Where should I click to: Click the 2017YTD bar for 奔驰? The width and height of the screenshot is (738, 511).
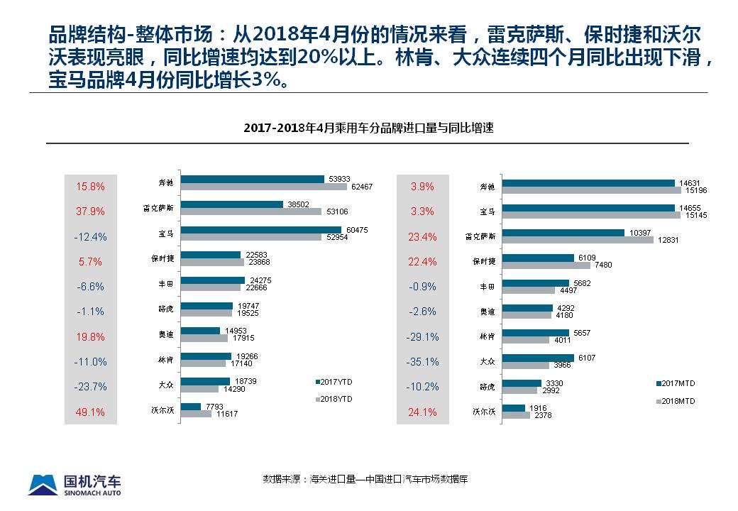[252, 179]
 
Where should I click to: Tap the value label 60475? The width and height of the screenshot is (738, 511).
[355, 229]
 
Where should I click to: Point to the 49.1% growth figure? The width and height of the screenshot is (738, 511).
[90, 412]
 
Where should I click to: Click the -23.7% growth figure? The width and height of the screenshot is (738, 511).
[90, 387]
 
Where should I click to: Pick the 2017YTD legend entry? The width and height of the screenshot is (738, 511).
[334, 382]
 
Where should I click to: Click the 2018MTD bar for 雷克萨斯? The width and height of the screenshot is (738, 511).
[577, 240]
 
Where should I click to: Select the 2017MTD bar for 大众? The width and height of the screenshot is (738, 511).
[537, 358]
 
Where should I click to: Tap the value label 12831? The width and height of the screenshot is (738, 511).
[668, 240]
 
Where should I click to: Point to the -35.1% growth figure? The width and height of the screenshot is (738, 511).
[422, 362]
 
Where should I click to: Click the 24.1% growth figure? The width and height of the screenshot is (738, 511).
[423, 412]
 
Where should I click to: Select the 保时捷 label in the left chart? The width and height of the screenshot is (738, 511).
[167, 259]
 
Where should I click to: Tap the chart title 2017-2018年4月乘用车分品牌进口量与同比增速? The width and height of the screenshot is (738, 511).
[368, 128]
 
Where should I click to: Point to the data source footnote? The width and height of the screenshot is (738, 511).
[365, 479]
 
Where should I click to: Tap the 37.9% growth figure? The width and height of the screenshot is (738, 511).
[90, 211]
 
